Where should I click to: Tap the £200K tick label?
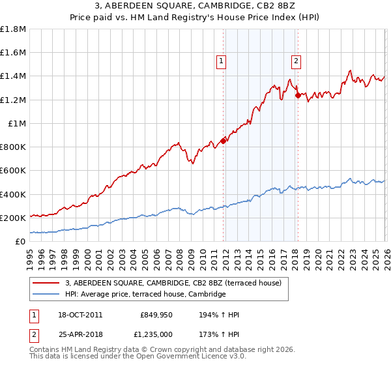(14, 218)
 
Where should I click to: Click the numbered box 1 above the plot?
(222, 61)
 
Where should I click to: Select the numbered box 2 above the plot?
(297, 61)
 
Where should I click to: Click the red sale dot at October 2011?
(223, 140)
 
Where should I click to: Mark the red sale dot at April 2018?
(298, 95)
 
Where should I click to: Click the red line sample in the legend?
(46, 283)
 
